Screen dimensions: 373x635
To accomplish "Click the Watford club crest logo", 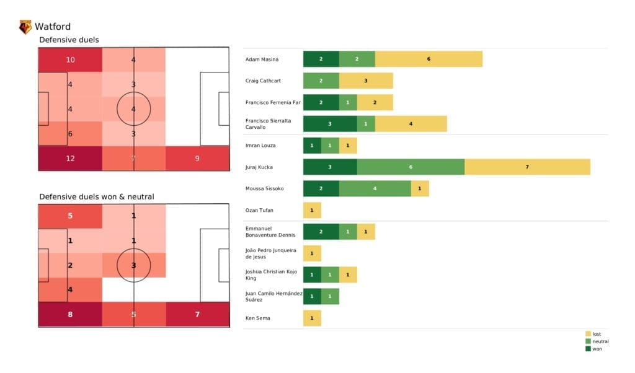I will [25, 27].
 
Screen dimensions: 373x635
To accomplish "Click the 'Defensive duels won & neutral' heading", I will [97, 196].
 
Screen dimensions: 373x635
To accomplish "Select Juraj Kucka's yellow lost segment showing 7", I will [527, 167].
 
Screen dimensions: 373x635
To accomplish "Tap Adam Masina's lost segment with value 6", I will [429, 59].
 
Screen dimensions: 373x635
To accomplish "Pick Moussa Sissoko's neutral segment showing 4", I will [375, 188].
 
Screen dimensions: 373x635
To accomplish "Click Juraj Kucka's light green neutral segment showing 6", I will [411, 167].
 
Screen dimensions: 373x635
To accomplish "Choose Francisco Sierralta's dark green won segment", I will [330, 124].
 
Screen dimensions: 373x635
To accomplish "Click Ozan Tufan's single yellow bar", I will [312, 210].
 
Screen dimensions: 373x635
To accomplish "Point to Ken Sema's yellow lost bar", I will [312, 318].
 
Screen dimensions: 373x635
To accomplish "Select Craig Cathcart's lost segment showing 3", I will [366, 81].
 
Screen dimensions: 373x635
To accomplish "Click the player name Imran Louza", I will [260, 146].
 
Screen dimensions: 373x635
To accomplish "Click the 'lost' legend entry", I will [596, 334].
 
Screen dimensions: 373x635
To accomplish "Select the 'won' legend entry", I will [596, 348].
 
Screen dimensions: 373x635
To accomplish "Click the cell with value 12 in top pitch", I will [70, 158].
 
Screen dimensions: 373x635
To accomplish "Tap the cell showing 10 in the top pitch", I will [70, 59].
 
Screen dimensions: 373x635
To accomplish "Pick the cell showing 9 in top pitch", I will [197, 158].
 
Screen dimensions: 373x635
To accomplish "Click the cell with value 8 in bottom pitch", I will [70, 314].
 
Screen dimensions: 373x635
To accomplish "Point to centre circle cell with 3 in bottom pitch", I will [134, 265].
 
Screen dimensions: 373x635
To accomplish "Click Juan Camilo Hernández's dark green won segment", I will [312, 296].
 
